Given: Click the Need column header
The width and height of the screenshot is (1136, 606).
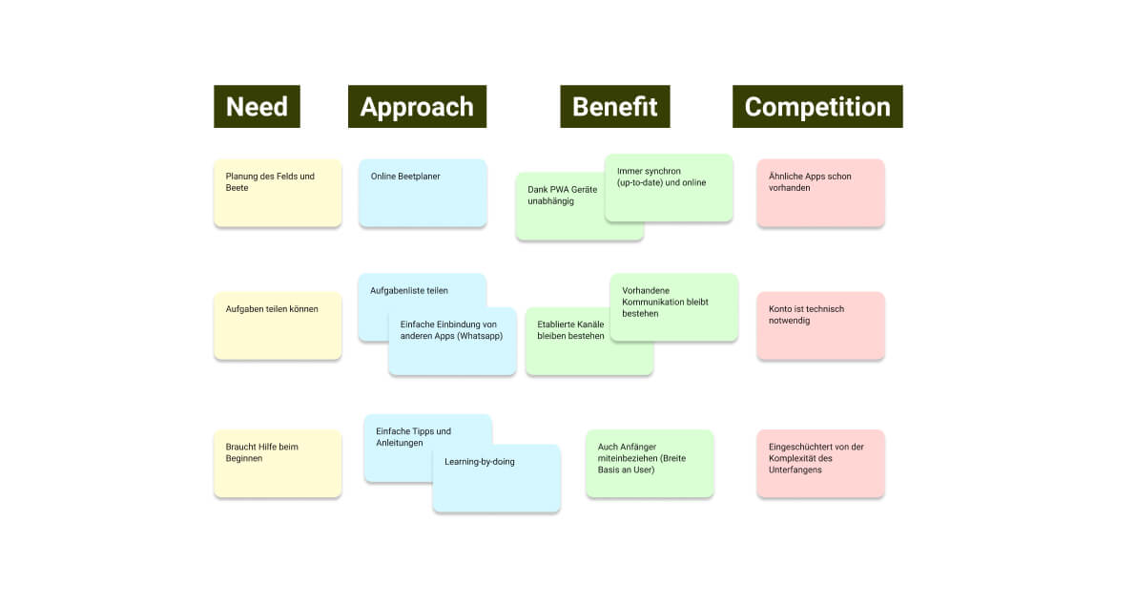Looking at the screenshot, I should [x=257, y=106].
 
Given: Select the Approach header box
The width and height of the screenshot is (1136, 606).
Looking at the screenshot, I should [x=417, y=106].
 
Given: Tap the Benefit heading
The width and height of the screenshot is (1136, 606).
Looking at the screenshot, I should [x=614, y=106].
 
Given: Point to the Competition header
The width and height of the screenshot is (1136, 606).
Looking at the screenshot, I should [x=817, y=106].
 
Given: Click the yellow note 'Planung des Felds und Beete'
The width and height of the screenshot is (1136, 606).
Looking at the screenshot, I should [x=277, y=192].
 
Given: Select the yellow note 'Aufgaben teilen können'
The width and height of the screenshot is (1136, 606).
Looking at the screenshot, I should [x=277, y=324].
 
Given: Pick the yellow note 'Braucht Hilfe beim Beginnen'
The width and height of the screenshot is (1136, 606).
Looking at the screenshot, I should [x=277, y=463].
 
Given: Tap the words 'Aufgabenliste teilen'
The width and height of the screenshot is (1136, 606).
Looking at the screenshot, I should [x=409, y=290].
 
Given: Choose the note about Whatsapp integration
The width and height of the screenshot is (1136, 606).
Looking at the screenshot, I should [x=452, y=341].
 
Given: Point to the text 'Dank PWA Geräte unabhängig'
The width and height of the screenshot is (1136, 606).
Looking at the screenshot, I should [x=562, y=196].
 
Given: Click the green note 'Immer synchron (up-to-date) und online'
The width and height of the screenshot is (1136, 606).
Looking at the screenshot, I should [x=669, y=187].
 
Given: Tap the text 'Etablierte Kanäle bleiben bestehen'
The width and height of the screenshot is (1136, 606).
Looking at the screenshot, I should [x=570, y=330].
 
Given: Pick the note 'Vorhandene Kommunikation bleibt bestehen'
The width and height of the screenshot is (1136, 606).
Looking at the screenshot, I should [x=673, y=306].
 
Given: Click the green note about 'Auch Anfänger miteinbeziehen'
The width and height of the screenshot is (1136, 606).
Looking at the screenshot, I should [x=649, y=463].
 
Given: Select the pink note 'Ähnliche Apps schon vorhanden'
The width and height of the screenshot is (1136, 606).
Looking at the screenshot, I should [x=820, y=192].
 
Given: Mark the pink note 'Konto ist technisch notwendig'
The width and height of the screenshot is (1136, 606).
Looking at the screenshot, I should [x=820, y=324].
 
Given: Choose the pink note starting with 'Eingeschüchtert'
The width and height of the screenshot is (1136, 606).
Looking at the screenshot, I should [x=820, y=463].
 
